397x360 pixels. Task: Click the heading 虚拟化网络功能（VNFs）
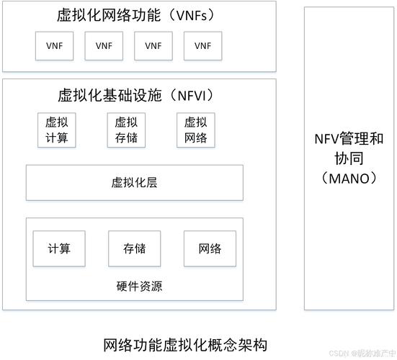click(138, 15)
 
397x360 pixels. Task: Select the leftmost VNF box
click(55, 45)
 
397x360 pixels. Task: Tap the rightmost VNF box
click(202, 45)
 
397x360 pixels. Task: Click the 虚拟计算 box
click(57, 130)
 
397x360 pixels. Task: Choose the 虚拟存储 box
click(126, 130)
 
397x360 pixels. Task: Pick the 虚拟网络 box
click(195, 130)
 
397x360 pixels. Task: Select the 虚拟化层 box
click(135, 182)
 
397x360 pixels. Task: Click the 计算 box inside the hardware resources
click(59, 248)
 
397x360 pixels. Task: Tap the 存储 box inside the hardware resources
click(135, 248)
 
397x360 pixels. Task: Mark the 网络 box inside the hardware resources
click(210, 248)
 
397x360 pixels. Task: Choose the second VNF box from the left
click(104, 45)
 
